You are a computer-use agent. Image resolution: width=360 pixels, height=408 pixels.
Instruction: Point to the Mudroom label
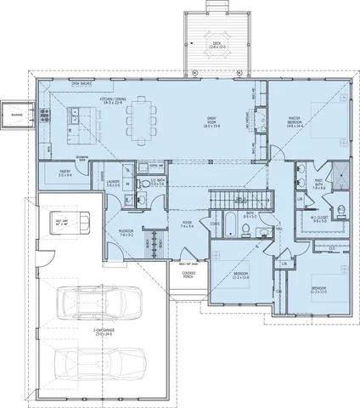(129, 231)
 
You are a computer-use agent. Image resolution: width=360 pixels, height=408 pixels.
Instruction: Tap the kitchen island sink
(77, 111)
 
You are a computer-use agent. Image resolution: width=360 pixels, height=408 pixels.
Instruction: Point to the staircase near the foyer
(231, 199)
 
